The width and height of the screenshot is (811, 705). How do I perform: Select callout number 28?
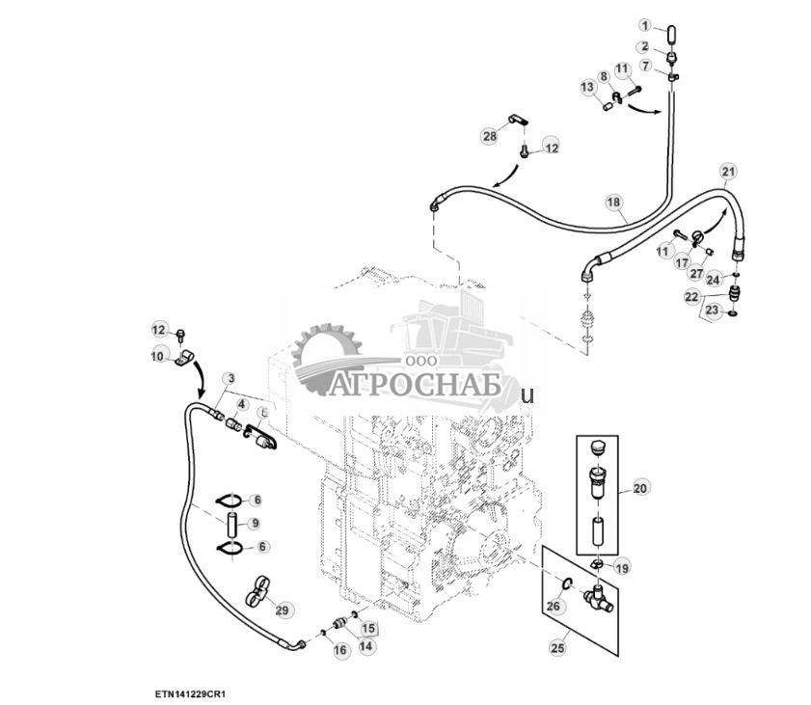[490, 137]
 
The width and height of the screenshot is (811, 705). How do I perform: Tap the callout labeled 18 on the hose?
[613, 202]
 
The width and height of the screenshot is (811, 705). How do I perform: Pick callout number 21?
[728, 172]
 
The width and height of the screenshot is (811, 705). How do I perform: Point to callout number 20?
[641, 489]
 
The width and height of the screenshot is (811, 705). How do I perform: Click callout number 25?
[557, 648]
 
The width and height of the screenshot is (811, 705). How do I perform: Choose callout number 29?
[282, 610]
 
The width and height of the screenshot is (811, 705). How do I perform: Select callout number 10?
[158, 357]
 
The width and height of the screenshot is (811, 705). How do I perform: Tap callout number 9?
[255, 524]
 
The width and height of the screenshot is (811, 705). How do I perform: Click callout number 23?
[713, 311]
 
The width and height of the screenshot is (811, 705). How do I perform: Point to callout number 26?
[553, 607]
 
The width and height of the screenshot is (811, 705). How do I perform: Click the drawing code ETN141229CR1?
[194, 693]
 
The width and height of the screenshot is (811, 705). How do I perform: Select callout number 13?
[586, 88]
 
